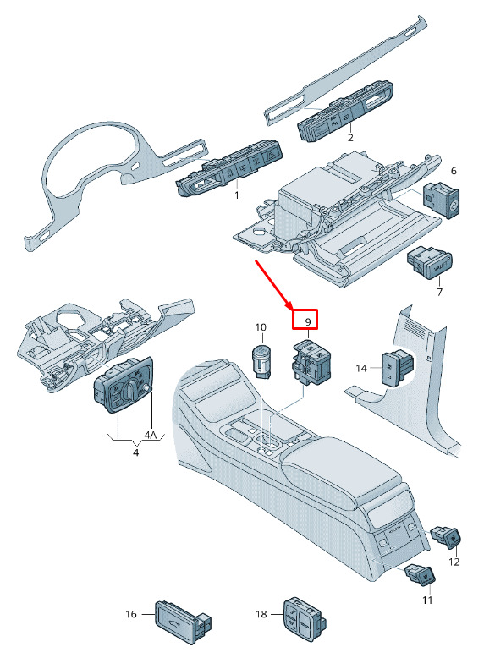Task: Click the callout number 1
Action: pyautogui.click(x=237, y=195)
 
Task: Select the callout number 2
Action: pyautogui.click(x=350, y=138)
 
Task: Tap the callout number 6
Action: pyautogui.click(x=454, y=171)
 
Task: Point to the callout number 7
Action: pyautogui.click(x=439, y=292)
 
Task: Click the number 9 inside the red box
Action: pyautogui.click(x=308, y=322)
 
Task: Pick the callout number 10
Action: pyautogui.click(x=261, y=327)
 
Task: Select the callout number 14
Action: pyautogui.click(x=361, y=368)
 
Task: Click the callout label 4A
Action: pyautogui.click(x=151, y=435)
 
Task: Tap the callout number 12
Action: pyautogui.click(x=454, y=562)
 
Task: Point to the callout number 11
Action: pyautogui.click(x=427, y=600)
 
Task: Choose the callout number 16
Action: pyautogui.click(x=131, y=614)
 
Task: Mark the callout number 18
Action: pyautogui.click(x=261, y=614)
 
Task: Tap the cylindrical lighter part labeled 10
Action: pyautogui.click(x=261, y=360)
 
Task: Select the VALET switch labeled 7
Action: pyautogui.click(x=429, y=263)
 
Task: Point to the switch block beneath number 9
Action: pyautogui.click(x=311, y=362)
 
